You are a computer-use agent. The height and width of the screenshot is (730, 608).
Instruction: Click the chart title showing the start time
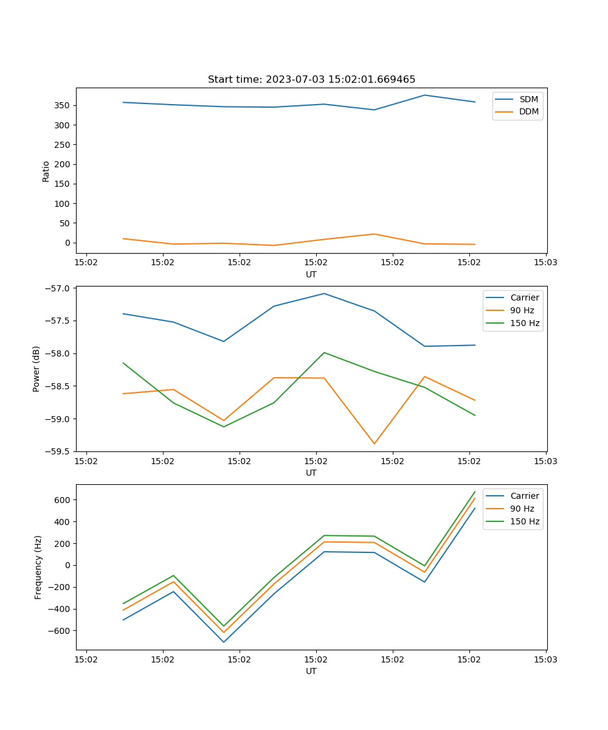[x=311, y=80]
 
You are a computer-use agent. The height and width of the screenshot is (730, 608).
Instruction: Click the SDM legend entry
[x=528, y=99]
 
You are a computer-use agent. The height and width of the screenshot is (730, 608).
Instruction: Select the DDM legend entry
[x=528, y=111]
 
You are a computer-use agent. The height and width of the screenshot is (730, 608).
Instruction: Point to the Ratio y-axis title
[x=46, y=171]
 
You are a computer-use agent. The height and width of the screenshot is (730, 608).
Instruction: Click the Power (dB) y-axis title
[x=36, y=369]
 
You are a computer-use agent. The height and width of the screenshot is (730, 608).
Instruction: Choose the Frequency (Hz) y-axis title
[x=38, y=567]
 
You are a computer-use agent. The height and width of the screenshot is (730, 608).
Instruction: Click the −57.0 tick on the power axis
[x=57, y=288]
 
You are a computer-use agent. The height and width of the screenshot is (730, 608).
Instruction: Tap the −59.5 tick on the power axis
[x=57, y=451]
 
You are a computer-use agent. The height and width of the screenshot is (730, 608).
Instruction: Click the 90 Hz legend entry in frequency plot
[x=522, y=509]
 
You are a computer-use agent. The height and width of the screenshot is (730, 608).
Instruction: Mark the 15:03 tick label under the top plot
[x=545, y=263]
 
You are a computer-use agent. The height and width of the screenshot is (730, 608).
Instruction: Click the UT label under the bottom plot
[x=311, y=671]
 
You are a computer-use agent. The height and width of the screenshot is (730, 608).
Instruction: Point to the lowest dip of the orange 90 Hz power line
[x=375, y=443]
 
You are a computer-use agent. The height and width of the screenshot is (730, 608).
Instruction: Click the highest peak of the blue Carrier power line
[x=324, y=293]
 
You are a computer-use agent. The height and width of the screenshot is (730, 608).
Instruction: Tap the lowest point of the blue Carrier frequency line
[x=224, y=642]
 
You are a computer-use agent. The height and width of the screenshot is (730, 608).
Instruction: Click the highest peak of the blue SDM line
[x=424, y=95]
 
